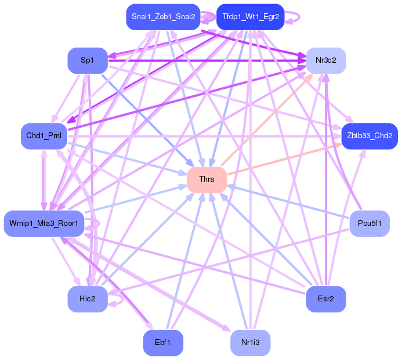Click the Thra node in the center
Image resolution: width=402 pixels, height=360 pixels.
[207, 179]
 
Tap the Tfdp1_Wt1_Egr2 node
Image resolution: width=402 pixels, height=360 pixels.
[250, 16]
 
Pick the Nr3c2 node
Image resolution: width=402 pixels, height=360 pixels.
[326, 60]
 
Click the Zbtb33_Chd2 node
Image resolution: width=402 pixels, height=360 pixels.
[369, 136]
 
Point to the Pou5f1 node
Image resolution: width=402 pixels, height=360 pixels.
[370, 224]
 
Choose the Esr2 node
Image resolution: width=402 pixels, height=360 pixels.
[326, 299]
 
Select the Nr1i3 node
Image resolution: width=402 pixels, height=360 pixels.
[250, 343]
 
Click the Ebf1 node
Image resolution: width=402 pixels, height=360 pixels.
[163, 343]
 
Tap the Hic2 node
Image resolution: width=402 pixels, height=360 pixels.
[88, 299]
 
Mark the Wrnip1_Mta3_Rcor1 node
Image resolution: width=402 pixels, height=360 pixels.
[44, 224]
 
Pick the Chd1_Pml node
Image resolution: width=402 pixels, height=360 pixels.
[44, 136]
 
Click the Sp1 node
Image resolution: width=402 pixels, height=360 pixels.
[88, 60]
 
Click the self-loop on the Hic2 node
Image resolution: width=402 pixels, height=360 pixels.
[118, 299]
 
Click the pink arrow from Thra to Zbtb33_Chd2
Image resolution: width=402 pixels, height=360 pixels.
[284, 157]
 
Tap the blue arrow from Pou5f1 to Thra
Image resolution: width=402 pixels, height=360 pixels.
[290, 201]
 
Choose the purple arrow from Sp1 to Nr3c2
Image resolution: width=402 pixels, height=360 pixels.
[203, 60]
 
